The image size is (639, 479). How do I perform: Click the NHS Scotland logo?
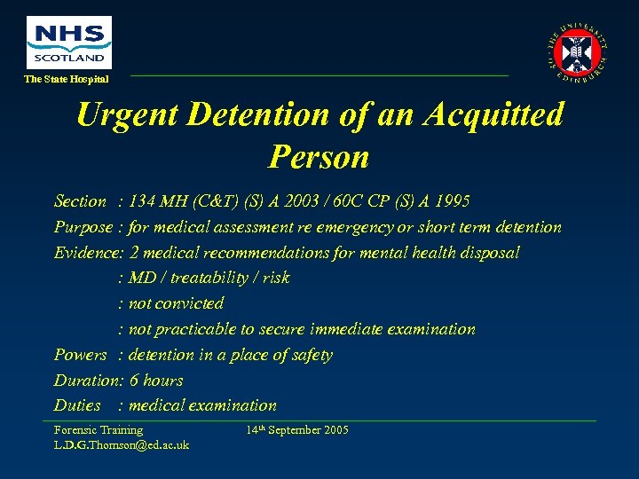pos(69,42)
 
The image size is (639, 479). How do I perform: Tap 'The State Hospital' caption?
pos(67,79)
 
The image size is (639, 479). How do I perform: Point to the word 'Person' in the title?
pos(318,156)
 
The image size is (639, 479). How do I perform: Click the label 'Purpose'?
pos(83,227)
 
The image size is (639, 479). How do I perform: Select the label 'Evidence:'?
pos(89,253)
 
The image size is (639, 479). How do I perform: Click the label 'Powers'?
pos(81,355)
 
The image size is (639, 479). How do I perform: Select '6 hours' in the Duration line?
pos(156,381)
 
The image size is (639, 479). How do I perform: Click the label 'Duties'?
pos(77,405)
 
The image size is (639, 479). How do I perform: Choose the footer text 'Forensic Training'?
pos(99,430)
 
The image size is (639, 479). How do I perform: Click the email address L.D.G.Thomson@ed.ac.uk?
pos(122,444)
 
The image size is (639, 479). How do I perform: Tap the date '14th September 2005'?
pos(297,430)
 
